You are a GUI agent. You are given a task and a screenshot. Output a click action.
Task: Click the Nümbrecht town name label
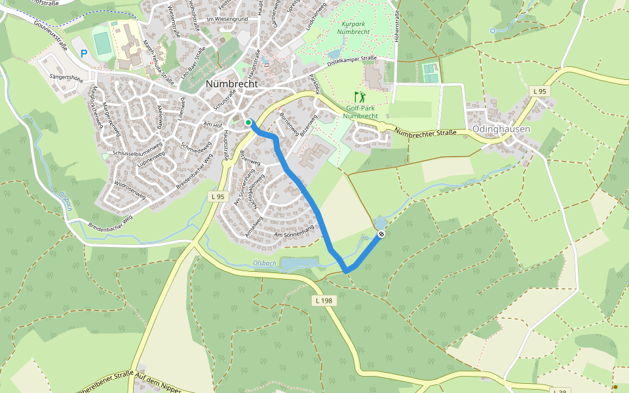(232, 84)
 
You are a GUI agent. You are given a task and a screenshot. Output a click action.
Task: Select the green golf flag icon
(360, 96)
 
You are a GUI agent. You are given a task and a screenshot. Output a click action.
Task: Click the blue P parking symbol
(83, 54)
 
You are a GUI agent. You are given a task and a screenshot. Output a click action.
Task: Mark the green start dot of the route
(248, 122)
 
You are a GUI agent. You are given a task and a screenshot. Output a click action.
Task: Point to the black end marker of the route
(381, 234)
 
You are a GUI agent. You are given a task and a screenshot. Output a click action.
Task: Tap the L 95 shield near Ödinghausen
(539, 91)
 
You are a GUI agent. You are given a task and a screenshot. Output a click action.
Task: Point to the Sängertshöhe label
(66, 77)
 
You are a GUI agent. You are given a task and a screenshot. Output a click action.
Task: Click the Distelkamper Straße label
(351, 62)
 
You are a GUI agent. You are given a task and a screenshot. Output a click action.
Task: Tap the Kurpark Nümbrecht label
(354, 27)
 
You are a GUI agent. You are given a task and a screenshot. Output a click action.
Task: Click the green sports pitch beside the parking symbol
(103, 43)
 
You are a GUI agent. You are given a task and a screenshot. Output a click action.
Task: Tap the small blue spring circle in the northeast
(492, 30)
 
